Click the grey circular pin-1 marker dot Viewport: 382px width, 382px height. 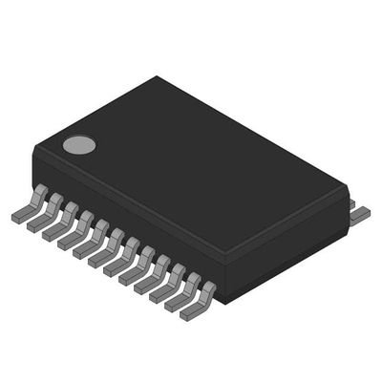tap(79, 145)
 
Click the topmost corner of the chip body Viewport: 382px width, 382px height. tap(155, 78)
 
